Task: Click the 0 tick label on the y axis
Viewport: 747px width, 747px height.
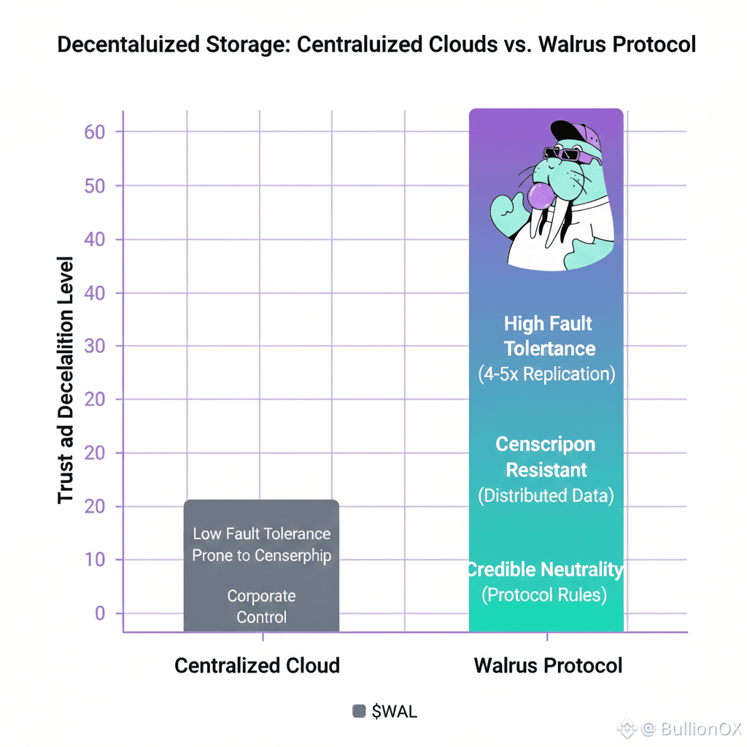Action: pos(100,614)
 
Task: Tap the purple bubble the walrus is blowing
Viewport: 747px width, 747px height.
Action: pos(543,197)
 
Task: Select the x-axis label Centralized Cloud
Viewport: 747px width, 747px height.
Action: pos(257,665)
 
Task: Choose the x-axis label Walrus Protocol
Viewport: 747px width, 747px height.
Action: pos(548,665)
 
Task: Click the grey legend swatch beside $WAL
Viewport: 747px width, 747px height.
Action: pos(359,711)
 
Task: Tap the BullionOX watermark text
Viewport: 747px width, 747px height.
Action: pos(689,728)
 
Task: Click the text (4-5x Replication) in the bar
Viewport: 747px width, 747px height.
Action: pos(547,374)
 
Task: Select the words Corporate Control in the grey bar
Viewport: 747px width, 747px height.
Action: pos(261,606)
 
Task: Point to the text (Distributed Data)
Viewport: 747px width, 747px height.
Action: pos(546,496)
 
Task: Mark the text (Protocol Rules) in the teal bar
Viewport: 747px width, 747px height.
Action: pos(544,595)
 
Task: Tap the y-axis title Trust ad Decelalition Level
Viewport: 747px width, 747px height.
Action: pos(66,379)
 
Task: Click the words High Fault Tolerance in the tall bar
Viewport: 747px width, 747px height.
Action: pos(549,336)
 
